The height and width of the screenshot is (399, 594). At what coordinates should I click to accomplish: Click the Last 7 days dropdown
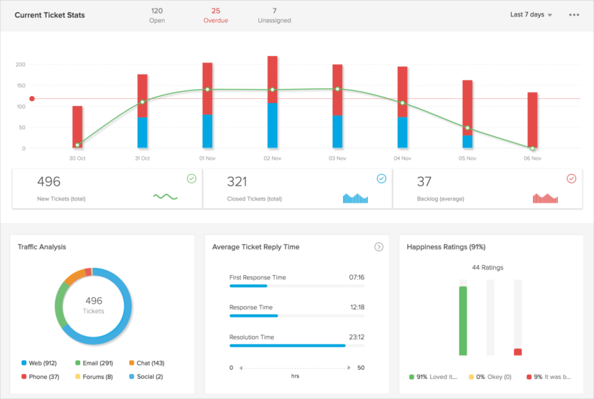[530, 14]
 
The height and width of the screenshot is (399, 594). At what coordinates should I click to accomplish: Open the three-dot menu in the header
[574, 15]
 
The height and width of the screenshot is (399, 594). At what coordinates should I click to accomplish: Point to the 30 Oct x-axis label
[77, 158]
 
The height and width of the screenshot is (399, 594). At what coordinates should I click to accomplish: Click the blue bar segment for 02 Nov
[272, 125]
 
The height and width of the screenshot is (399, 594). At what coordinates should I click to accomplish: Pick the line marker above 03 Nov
[337, 89]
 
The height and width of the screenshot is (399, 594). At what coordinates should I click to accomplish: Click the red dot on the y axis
[31, 99]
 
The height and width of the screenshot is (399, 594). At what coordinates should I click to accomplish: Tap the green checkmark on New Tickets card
[191, 178]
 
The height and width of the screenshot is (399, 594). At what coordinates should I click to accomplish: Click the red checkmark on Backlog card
[571, 178]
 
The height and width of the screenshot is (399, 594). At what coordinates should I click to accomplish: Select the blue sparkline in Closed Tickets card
[355, 198]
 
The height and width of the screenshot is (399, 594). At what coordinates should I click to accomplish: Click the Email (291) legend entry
[93, 363]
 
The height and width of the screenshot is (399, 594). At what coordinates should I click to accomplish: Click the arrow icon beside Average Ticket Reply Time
[379, 246]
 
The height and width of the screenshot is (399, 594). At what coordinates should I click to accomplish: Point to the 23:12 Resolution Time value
[356, 337]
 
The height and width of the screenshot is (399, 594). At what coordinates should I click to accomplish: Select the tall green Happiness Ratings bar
[463, 320]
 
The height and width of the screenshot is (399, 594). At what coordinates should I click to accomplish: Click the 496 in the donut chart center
[93, 301]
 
